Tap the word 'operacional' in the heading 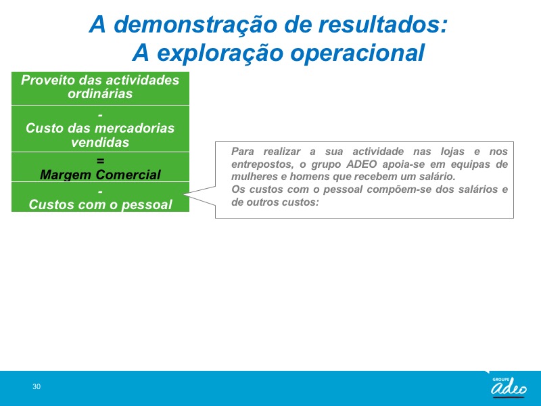pos(358,53)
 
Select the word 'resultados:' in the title pos(383,24)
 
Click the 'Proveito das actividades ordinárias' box pos(100,89)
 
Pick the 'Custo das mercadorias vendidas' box pos(100,129)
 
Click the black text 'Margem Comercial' pos(100,175)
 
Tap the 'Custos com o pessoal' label pos(100,204)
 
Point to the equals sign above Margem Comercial pos(100,160)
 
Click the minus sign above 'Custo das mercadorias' pos(100,114)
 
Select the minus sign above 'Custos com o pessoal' pos(100,191)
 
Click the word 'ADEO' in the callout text pos(361,164)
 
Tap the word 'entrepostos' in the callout pos(262,164)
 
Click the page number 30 pos(37,386)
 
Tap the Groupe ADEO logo pos(509,386)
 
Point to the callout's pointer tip pos(184,195)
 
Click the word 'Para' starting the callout pos(243,152)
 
